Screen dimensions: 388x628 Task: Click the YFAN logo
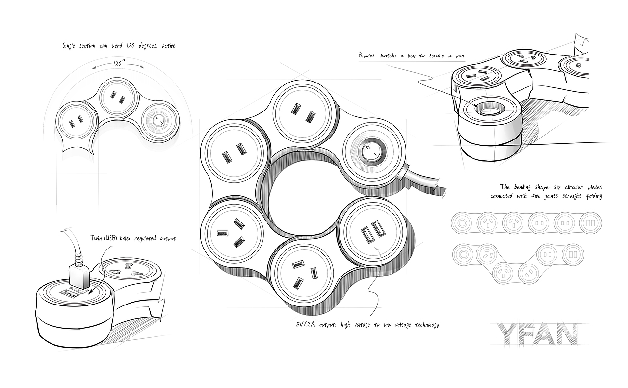(537, 333)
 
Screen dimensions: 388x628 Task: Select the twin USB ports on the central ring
(372, 230)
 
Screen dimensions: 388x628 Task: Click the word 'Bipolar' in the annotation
(369, 56)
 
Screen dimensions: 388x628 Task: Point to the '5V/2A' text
(305, 325)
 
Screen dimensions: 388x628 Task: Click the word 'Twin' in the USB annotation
(96, 239)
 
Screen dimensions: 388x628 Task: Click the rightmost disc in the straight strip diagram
(590, 223)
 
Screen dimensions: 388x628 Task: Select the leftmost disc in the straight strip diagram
(461, 223)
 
